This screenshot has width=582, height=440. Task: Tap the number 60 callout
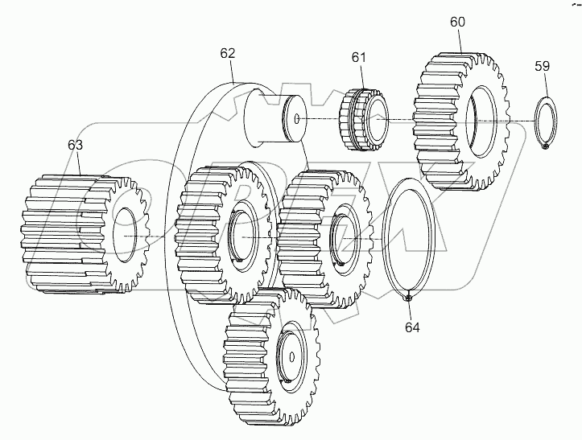(456, 23)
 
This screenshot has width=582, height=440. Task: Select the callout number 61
(358, 57)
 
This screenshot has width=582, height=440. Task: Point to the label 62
(228, 54)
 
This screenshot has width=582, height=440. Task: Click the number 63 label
(75, 146)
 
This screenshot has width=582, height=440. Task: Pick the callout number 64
(411, 327)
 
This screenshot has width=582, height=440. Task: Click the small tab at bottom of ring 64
(409, 298)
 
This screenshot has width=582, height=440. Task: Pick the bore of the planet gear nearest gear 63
(242, 239)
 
